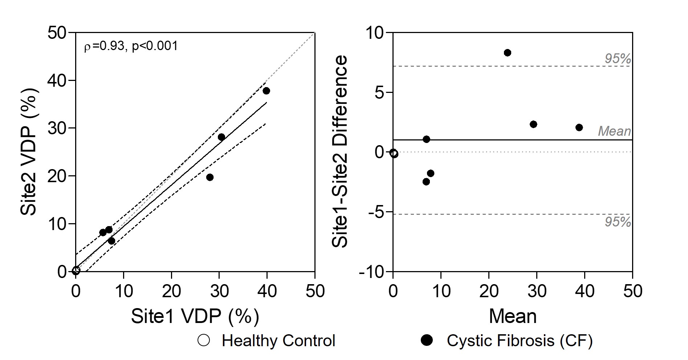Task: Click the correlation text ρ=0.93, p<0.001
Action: [x=131, y=46]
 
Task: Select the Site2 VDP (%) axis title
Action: [x=29, y=151]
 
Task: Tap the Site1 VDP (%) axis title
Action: [x=195, y=316]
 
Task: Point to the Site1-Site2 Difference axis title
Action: [x=340, y=151]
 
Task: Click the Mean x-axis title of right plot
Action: [x=512, y=316]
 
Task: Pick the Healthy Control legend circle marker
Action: [x=204, y=341]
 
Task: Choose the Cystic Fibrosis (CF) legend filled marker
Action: [x=427, y=341]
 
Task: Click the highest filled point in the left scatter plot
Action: [x=266, y=91]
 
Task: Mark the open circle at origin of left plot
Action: [x=76, y=270]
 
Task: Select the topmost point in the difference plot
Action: [x=508, y=53]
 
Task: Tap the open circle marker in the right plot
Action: [x=394, y=154]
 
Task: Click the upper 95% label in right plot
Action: [x=618, y=59]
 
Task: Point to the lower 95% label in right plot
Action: [x=618, y=222]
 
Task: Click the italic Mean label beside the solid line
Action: [x=614, y=131]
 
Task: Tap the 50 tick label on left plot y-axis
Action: [x=57, y=33]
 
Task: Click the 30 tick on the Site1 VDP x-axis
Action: [x=219, y=291]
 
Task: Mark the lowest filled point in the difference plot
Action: [x=426, y=181]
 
